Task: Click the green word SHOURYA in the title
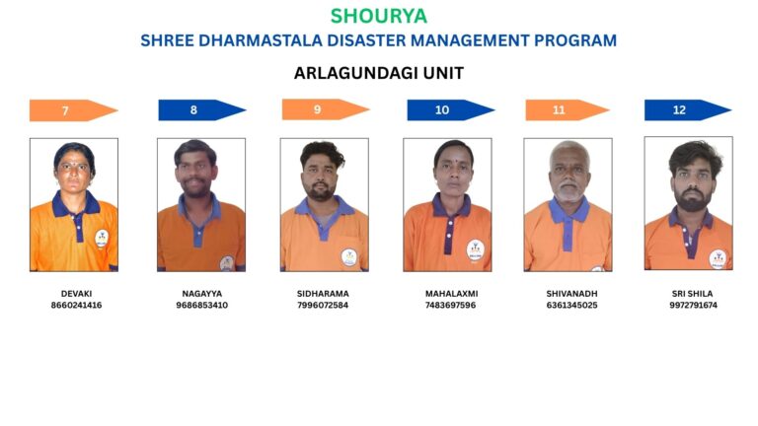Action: (x=379, y=16)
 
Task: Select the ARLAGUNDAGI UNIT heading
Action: (x=379, y=73)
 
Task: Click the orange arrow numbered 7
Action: (x=73, y=110)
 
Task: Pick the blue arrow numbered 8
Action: (x=202, y=110)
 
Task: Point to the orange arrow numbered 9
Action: (x=326, y=109)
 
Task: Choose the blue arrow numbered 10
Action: (x=450, y=110)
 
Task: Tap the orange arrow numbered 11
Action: (x=568, y=110)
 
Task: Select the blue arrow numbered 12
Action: (x=688, y=110)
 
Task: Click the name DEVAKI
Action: (x=76, y=294)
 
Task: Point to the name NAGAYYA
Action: (x=202, y=294)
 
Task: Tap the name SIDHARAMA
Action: (x=323, y=294)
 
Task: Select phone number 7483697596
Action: (x=450, y=306)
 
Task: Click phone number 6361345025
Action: (x=571, y=306)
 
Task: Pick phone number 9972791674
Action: (x=693, y=306)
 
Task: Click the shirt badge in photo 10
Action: (x=475, y=250)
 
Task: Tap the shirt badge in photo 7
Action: (x=102, y=239)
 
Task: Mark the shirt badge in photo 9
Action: (x=349, y=257)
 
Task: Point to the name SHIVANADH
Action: (x=571, y=294)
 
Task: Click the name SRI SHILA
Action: (x=692, y=294)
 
